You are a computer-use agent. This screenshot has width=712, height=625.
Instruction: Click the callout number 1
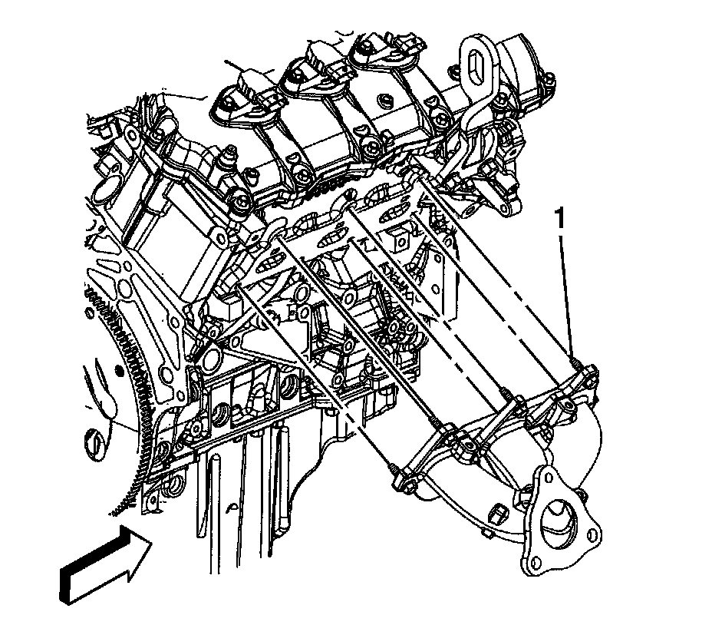click(x=561, y=218)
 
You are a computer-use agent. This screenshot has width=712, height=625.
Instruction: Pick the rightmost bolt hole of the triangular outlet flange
click(x=592, y=534)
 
